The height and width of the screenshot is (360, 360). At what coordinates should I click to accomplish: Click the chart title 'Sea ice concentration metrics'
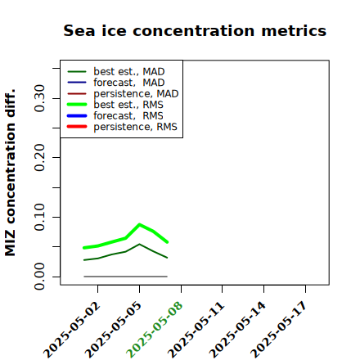[195, 30]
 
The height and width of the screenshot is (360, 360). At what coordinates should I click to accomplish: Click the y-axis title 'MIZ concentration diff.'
[10, 173]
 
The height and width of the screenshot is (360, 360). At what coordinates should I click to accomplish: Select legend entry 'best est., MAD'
[116, 72]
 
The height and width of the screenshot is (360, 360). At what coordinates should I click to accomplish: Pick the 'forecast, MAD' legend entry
[116, 83]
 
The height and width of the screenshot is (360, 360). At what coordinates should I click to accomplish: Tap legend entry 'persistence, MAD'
[123, 94]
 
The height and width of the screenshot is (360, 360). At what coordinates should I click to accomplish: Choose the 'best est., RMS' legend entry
[115, 105]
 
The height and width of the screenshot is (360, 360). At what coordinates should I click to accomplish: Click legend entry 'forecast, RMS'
[115, 116]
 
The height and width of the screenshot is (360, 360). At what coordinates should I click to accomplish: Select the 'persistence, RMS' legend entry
[122, 127]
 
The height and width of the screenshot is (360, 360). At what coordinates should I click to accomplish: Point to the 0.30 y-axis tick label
[40, 98]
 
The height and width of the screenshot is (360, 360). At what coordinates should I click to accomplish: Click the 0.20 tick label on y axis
[40, 158]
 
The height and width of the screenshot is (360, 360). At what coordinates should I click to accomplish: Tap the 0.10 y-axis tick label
[40, 217]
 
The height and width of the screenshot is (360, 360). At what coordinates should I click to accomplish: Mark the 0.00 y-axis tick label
[40, 277]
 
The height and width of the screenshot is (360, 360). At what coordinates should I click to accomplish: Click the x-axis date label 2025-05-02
[72, 330]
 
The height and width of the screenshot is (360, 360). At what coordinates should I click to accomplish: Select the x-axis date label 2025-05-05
[114, 330]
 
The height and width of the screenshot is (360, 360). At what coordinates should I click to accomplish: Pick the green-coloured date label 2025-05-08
[155, 330]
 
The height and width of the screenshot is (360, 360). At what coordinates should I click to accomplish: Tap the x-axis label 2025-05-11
[196, 330]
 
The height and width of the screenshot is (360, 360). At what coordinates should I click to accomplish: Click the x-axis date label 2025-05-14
[238, 330]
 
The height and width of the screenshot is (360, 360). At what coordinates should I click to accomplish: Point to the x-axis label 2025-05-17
[279, 330]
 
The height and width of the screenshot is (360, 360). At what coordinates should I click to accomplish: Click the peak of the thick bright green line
[140, 224]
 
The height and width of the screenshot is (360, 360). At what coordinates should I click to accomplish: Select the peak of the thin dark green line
[140, 244]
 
